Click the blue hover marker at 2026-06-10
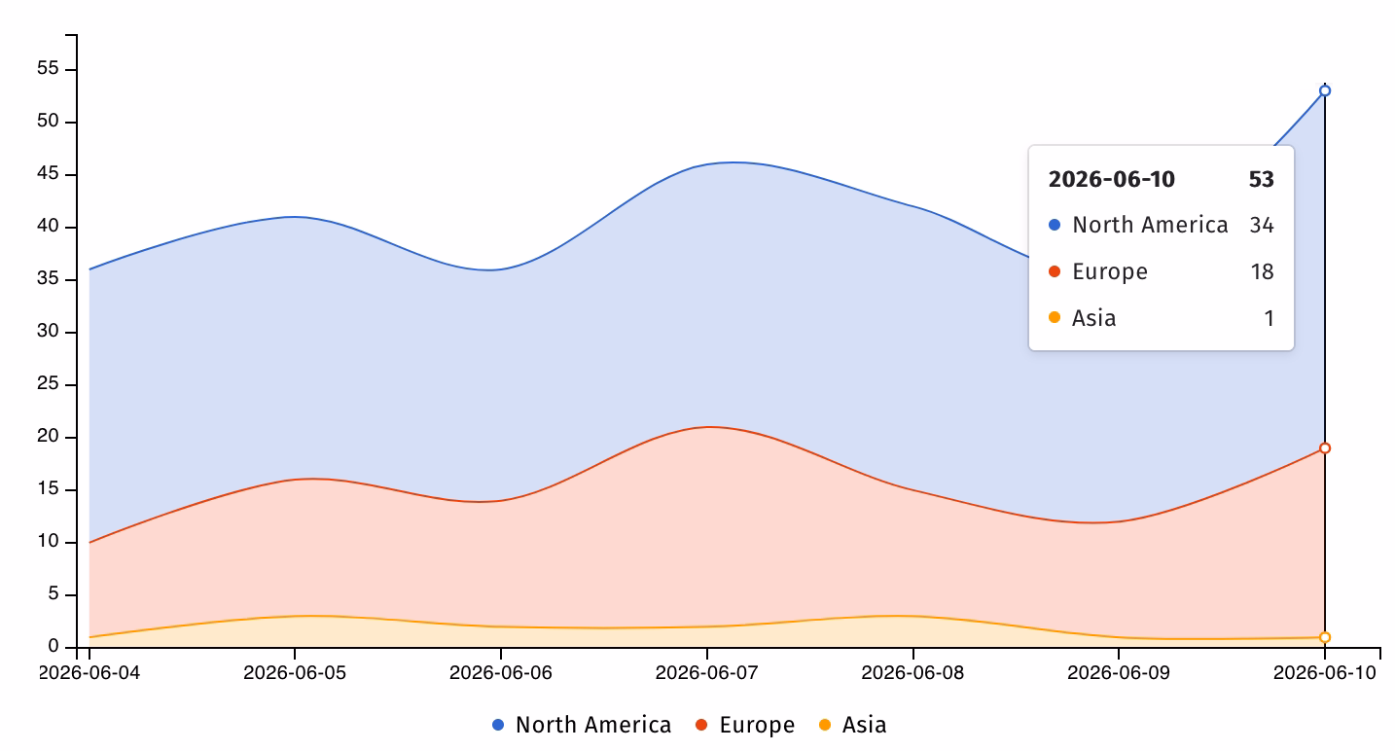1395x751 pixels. click(x=1325, y=90)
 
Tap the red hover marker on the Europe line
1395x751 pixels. click(x=1325, y=448)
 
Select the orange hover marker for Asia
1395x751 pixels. click(x=1325, y=637)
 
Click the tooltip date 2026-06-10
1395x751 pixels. click(x=1112, y=179)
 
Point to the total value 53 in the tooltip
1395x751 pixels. click(x=1261, y=179)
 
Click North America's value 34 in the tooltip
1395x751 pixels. click(x=1262, y=225)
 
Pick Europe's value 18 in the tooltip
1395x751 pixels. click(x=1263, y=271)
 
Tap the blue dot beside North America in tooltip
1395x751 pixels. click(x=1055, y=225)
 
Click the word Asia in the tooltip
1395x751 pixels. click(x=1094, y=318)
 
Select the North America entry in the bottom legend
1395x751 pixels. click(x=582, y=725)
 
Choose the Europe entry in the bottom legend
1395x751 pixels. click(x=745, y=725)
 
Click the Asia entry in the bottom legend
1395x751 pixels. click(x=852, y=725)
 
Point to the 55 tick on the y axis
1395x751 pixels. click(x=48, y=68)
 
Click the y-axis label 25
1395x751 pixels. click(x=48, y=383)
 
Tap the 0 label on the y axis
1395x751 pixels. click(x=54, y=646)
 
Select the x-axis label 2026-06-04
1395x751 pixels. click(x=89, y=673)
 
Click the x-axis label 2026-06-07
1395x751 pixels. click(x=707, y=673)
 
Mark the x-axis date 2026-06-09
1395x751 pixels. click(x=1119, y=673)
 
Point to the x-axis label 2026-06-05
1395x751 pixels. click(x=295, y=673)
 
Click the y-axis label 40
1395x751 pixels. click(x=48, y=226)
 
